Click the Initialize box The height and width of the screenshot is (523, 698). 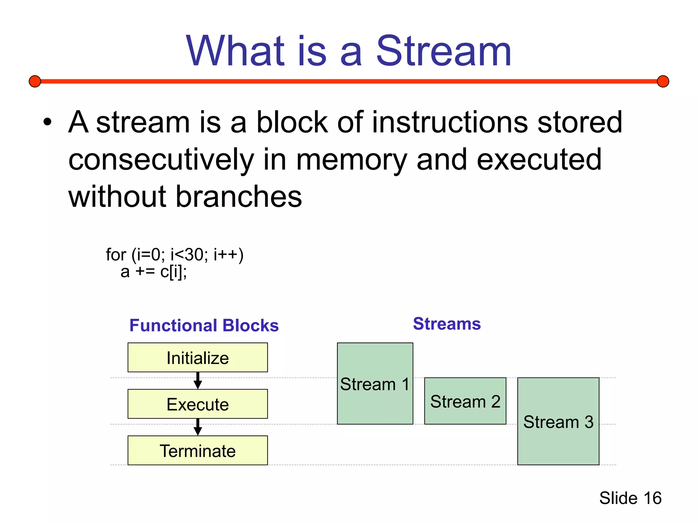(197, 358)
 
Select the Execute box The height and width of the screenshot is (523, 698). (197, 404)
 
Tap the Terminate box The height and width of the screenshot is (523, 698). (197, 450)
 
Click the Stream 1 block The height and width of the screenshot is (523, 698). (375, 384)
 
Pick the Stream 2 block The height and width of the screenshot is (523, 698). (465, 401)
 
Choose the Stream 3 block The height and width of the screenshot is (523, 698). (558, 422)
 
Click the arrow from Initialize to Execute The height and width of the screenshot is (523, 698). (198, 381)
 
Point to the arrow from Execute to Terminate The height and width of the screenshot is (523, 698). (198, 427)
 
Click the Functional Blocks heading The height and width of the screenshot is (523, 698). (204, 325)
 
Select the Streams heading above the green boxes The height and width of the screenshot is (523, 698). (446, 323)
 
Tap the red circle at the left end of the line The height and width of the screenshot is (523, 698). (35, 81)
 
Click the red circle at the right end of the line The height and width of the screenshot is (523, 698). (663, 81)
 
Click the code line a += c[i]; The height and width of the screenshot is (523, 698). (153, 272)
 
